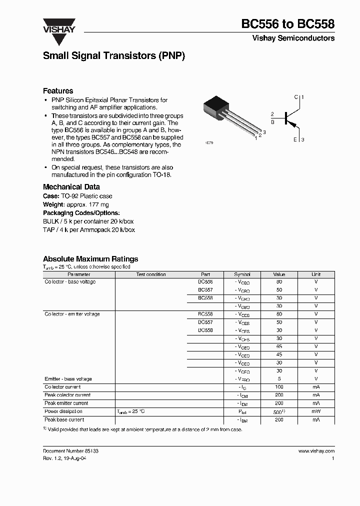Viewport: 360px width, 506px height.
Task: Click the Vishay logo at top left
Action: [x=58, y=25]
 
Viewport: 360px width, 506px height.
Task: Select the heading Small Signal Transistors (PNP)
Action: [x=114, y=56]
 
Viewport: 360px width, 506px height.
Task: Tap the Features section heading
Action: [x=58, y=91]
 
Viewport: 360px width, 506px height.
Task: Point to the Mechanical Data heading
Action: [x=71, y=187]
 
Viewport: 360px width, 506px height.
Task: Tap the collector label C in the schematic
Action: [x=296, y=96]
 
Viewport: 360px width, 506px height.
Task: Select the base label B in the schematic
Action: [x=272, y=121]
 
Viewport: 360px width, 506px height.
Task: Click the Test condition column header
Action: [x=150, y=274]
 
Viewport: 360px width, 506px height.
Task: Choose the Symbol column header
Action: [x=242, y=274]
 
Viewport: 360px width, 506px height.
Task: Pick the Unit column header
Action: [x=316, y=274]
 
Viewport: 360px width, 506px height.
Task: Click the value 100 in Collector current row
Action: [x=279, y=387]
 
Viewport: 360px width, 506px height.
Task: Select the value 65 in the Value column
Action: [x=279, y=346]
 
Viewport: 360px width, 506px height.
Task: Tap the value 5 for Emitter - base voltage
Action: [x=279, y=379]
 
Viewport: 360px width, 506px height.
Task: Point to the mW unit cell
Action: [x=316, y=411]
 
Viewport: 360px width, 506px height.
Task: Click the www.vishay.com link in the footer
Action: [x=316, y=451]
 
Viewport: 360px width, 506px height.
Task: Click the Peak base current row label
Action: [x=64, y=420]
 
